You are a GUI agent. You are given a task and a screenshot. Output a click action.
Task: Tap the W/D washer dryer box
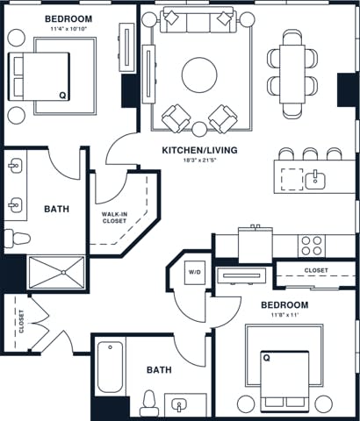pos(195,272)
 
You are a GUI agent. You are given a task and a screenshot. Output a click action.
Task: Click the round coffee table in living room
pos(199,75)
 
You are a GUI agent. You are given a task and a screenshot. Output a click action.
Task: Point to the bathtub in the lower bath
pos(112,367)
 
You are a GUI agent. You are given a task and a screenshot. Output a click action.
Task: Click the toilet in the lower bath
pos(148,404)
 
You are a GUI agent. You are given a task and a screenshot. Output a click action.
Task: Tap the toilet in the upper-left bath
pos(16,238)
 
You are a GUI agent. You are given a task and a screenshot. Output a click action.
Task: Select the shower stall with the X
pos(56,273)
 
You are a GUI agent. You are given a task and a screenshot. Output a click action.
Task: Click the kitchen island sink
pos(314,181)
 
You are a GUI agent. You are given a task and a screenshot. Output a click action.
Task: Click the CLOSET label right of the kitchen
pos(317,270)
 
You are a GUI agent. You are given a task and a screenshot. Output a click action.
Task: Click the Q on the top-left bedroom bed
pos(61,95)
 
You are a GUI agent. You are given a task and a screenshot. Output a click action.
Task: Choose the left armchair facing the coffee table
pos(176,116)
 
